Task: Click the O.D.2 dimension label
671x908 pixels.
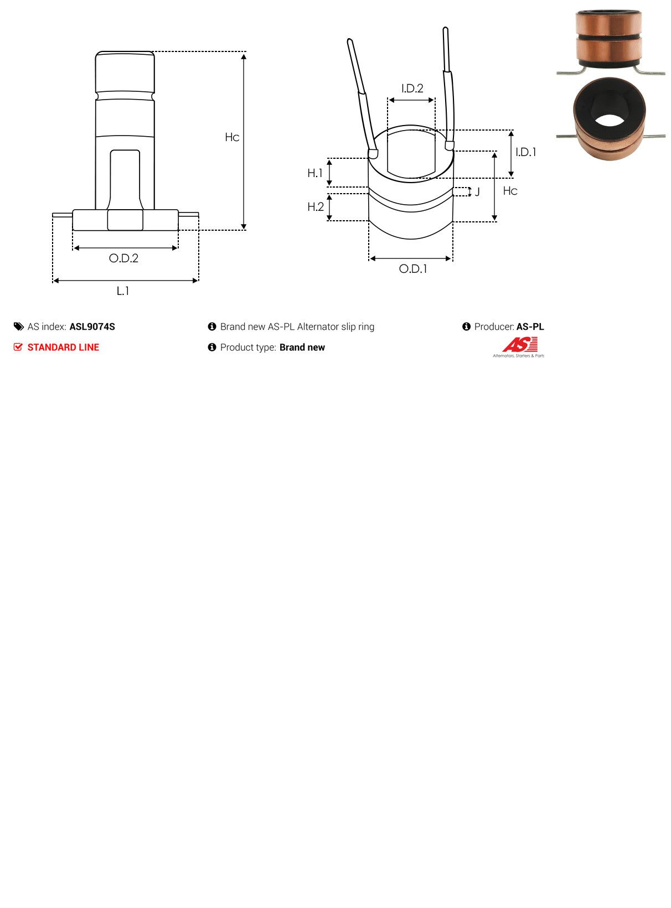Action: coord(123,258)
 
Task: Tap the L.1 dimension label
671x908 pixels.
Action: coord(123,291)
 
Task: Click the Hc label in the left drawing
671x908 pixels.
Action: coord(232,137)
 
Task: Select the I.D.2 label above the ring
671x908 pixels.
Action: coord(412,89)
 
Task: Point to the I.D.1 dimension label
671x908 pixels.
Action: coord(525,152)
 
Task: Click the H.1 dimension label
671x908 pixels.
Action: coord(315,173)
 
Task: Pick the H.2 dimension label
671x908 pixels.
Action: coord(316,207)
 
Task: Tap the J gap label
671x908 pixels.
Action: coord(477,192)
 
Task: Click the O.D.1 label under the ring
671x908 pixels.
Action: coord(413,269)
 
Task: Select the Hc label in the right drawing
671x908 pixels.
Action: coord(510,191)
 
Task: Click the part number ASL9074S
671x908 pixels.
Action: coord(92,327)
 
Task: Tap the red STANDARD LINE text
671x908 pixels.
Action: coord(63,347)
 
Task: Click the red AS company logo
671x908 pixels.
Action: coord(519,346)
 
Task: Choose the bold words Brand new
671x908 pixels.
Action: coord(302,347)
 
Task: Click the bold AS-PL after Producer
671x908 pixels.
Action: coord(530,327)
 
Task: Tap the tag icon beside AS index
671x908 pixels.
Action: coord(19,327)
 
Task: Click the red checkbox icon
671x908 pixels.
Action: coord(18,347)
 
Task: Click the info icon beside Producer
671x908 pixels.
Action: coord(466,327)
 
